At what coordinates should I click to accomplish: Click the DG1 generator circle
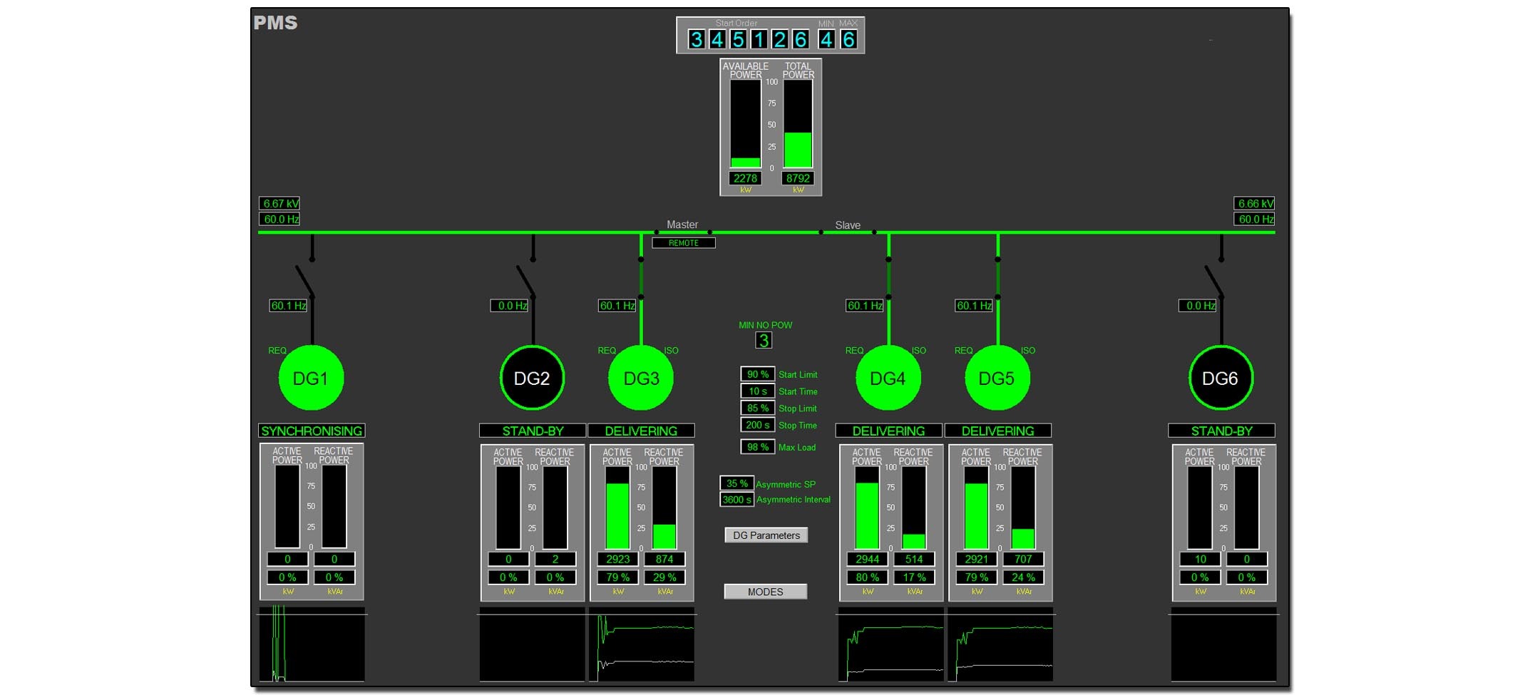tap(311, 378)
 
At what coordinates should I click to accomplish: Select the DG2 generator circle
tap(532, 378)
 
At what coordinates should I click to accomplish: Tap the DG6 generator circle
tap(1220, 378)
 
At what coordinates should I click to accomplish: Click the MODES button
tap(765, 592)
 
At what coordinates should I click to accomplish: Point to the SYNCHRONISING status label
tap(312, 431)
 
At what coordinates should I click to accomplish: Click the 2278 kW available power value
tap(745, 178)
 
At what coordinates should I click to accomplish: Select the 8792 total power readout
tap(798, 178)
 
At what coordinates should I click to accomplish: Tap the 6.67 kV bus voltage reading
tap(279, 204)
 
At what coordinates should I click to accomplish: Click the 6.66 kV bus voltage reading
tap(1254, 204)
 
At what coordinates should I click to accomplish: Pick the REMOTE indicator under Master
tap(683, 243)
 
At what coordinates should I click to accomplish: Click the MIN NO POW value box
tap(764, 341)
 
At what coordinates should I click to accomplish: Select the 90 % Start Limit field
tap(757, 374)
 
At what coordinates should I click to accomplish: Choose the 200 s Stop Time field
tap(757, 425)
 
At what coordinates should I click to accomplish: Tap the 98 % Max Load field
tap(757, 447)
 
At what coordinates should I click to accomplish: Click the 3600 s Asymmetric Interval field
tap(736, 500)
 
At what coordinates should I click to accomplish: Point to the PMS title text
tap(275, 23)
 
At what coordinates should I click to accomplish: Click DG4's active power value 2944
tap(867, 560)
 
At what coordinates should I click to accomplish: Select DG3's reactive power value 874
tap(664, 560)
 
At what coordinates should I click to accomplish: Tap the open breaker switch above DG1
tap(306, 280)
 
